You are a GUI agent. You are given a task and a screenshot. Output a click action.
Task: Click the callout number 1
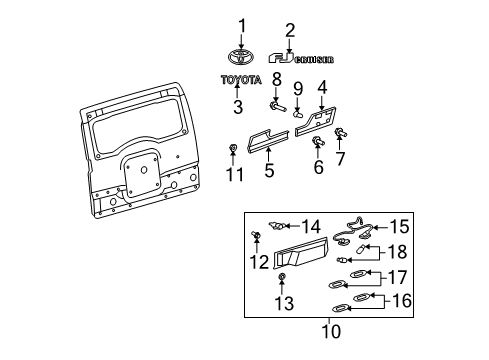click(241, 24)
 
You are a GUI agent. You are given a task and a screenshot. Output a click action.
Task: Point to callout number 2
click(290, 29)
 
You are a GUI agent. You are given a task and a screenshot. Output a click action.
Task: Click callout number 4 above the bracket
click(322, 87)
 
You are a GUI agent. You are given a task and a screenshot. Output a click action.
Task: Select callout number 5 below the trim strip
click(268, 172)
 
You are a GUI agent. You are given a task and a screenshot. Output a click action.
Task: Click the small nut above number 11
click(232, 149)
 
